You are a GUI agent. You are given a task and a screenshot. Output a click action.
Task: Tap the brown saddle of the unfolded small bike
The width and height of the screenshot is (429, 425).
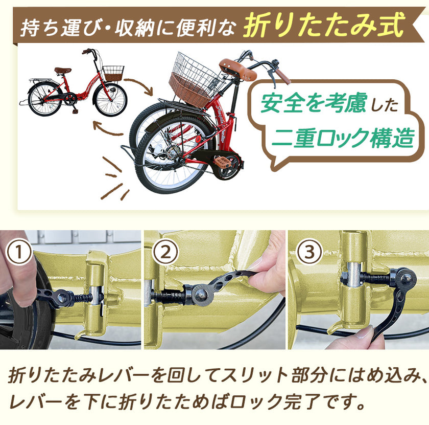(x=63, y=70)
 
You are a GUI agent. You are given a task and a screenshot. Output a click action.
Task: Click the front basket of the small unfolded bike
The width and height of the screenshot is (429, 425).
(x=113, y=73)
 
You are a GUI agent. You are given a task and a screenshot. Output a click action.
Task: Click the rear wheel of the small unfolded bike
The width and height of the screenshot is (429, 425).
(x=43, y=99)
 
